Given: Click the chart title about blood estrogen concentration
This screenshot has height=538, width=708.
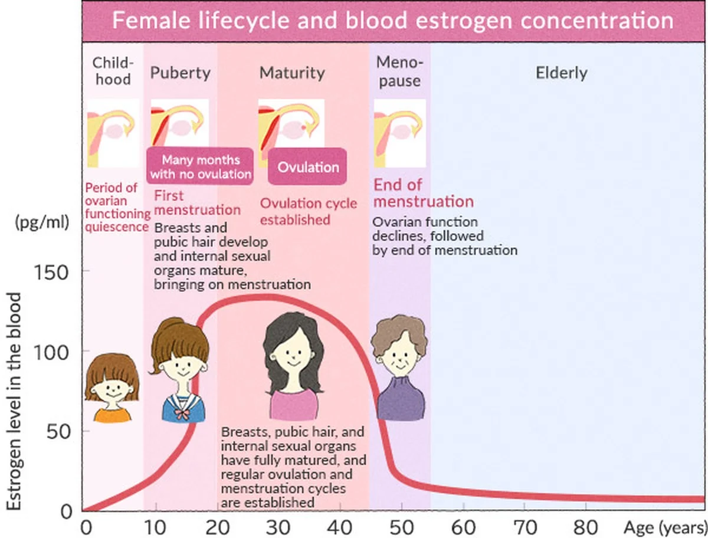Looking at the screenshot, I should tap(392, 21).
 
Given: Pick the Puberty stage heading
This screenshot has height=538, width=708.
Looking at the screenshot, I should tap(180, 73).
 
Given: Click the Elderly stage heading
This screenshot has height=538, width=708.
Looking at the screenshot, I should tap(562, 73).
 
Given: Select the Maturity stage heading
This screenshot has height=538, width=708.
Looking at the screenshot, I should tap(292, 73).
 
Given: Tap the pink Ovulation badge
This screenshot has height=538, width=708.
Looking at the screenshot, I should tap(308, 167).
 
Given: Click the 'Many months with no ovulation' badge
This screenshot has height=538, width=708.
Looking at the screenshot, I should tap(201, 167).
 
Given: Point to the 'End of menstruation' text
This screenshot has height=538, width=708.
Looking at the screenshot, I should tap(423, 193).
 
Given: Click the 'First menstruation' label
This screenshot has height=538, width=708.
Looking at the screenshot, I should tap(197, 202).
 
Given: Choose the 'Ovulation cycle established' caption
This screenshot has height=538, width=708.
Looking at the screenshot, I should tap(309, 211).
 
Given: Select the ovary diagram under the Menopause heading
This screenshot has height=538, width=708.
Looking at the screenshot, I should tap(399, 133).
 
